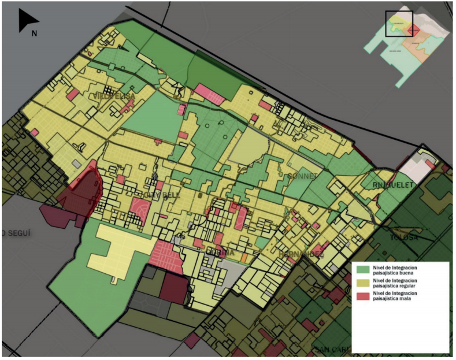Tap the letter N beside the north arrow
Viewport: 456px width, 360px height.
point(35,33)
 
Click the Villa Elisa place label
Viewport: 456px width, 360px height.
point(115,96)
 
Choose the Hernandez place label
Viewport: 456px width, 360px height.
point(300,254)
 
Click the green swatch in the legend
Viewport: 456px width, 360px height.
point(363,269)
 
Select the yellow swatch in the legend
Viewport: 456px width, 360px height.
point(363,283)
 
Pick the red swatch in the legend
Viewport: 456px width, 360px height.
point(363,296)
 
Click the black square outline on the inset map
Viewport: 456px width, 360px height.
point(399,24)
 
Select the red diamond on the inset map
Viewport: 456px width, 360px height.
point(412,30)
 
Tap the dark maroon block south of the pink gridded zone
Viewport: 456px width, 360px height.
point(174,287)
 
